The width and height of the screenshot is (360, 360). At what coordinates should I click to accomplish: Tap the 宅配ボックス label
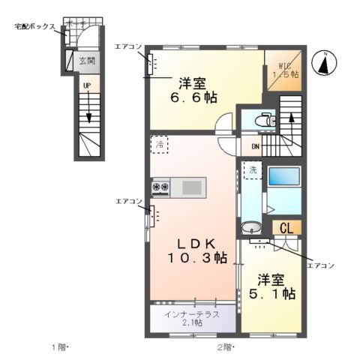point(34,26)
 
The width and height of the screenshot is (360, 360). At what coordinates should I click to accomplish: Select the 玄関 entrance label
point(88,61)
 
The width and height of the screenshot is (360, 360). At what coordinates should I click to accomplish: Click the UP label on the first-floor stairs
point(87,86)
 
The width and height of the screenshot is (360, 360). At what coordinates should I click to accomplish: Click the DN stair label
point(254,146)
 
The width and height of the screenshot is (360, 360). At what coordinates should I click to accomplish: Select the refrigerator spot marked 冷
point(159,144)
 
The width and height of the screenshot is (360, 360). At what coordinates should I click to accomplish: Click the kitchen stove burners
point(161,186)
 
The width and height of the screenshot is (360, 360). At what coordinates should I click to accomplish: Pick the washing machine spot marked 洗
point(254,170)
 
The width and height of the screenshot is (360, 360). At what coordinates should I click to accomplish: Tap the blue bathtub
point(284,178)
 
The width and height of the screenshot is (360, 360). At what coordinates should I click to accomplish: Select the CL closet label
point(286,228)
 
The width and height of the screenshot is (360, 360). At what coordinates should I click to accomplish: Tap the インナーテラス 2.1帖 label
point(193,318)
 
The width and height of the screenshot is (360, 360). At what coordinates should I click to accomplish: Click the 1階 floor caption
point(59,346)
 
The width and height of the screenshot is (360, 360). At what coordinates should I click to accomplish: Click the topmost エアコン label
point(127,46)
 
